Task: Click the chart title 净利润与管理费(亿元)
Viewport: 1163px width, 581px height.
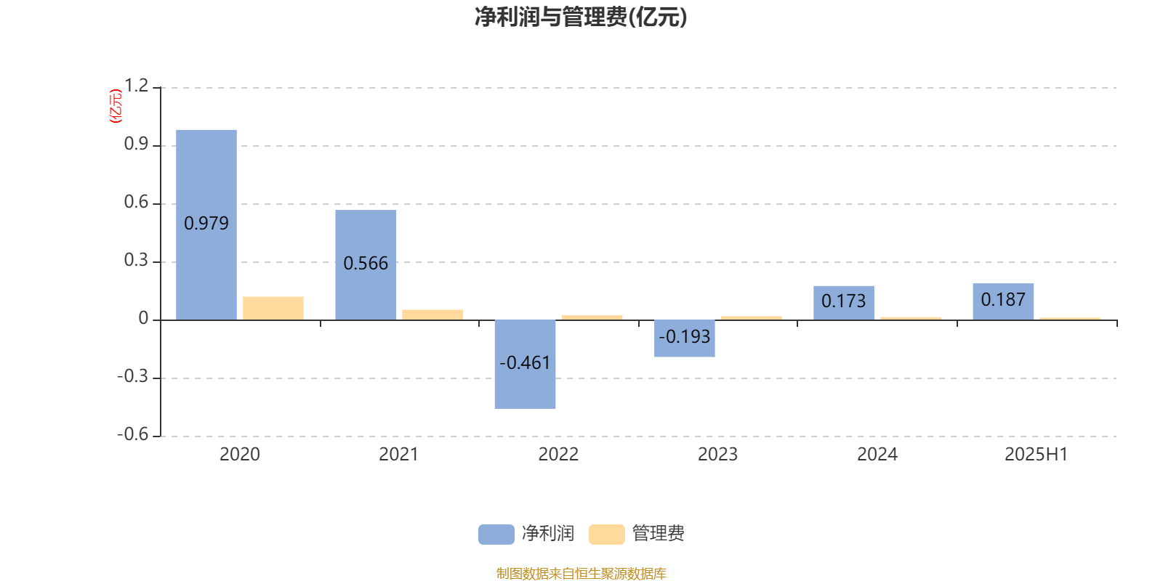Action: [x=581, y=17]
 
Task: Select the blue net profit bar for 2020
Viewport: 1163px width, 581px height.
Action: [x=206, y=224]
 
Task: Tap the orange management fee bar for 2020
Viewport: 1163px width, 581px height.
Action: [x=273, y=308]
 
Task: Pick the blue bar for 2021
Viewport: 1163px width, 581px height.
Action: [x=366, y=264]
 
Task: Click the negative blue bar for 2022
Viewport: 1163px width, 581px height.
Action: [x=525, y=364]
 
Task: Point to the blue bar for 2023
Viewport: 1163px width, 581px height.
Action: [x=684, y=338]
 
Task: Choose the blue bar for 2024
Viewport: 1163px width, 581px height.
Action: [x=844, y=303]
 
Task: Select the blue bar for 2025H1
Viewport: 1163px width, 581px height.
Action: [x=1003, y=301]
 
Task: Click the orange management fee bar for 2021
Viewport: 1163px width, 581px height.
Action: [x=432, y=315]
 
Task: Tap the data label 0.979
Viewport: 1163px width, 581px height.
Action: [x=206, y=223]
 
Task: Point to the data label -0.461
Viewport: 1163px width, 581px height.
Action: [x=525, y=362]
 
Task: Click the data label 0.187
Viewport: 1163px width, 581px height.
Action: [x=1003, y=299]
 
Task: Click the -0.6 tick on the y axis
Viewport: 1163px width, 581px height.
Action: [x=133, y=434]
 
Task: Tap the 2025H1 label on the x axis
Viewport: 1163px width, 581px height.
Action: [x=1037, y=455]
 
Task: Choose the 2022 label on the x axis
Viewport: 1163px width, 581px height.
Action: [x=558, y=455]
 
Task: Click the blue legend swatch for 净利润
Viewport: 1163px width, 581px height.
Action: [x=496, y=535]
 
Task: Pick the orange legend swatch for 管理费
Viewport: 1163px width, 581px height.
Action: [x=606, y=535]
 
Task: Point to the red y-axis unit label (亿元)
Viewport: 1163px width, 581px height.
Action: [x=116, y=106]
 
